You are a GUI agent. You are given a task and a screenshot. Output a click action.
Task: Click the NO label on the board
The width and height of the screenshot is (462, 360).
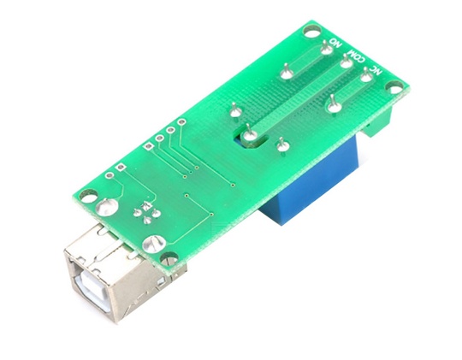335,42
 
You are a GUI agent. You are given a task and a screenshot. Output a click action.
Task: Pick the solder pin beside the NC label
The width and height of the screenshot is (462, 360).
365,76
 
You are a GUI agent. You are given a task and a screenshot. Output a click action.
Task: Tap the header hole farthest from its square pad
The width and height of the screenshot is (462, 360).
182,124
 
